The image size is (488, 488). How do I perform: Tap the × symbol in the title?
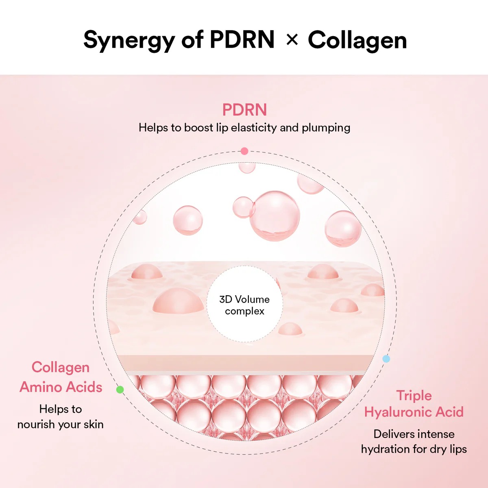coord(292,40)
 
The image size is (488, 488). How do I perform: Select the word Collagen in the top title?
coord(357,41)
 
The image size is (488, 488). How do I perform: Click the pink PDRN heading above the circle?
coord(244,110)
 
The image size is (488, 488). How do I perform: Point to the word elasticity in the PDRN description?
coord(254,128)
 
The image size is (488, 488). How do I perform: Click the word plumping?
coord(326,128)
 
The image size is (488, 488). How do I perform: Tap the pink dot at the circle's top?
coord(244,151)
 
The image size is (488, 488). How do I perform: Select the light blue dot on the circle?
coord(386,359)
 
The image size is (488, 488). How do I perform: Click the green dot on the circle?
coord(120,390)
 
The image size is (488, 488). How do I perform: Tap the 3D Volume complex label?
coord(244,305)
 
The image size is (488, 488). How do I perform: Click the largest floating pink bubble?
coord(275,216)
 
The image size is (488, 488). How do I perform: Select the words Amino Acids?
coord(61,387)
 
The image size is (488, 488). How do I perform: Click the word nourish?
coord(36,425)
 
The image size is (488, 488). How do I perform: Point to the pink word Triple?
coord(414,395)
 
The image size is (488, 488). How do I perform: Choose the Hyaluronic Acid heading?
coord(414,412)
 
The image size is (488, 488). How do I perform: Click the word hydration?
coord(385,449)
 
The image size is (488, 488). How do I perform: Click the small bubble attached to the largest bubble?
coord(243,207)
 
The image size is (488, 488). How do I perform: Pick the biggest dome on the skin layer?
coord(179,301)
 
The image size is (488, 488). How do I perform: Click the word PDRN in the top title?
coord(242,40)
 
